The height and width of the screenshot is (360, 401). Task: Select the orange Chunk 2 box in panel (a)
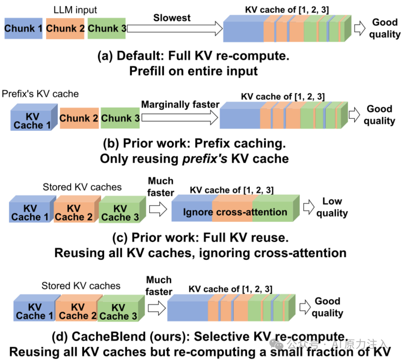pos(65,29)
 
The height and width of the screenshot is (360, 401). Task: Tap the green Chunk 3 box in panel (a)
pos(107,29)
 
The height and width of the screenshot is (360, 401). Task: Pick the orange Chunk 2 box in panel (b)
pos(79,118)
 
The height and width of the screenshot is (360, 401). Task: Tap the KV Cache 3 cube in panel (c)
pos(119,212)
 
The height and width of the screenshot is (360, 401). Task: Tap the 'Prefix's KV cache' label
pos(40,94)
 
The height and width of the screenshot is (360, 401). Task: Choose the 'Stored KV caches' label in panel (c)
pos(82,187)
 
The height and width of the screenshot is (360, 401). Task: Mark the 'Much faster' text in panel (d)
pos(159,286)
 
